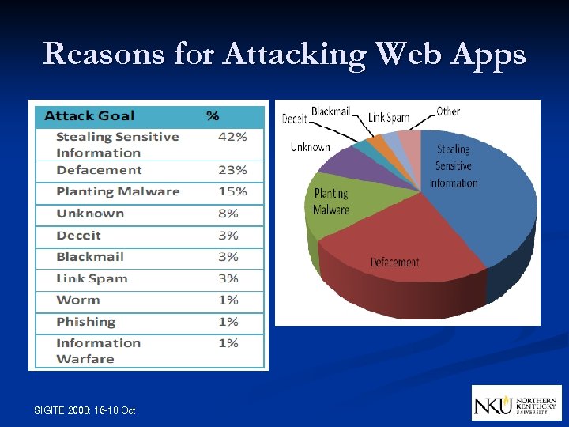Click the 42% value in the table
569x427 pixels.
(x=232, y=137)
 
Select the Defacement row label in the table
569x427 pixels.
(x=99, y=170)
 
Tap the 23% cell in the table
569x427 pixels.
(x=232, y=170)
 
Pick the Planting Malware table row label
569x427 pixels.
(x=118, y=191)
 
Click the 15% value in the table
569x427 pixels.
(x=232, y=191)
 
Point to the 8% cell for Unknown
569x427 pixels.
(x=228, y=213)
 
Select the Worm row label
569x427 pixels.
(x=78, y=300)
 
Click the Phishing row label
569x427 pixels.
(x=85, y=322)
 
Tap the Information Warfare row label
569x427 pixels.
(x=98, y=350)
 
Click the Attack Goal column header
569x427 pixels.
(x=89, y=115)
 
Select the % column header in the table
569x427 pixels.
(x=213, y=115)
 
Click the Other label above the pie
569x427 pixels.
(x=448, y=111)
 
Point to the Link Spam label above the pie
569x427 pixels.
(x=389, y=118)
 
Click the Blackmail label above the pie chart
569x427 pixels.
(x=330, y=111)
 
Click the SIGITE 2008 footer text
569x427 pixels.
(x=85, y=410)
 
